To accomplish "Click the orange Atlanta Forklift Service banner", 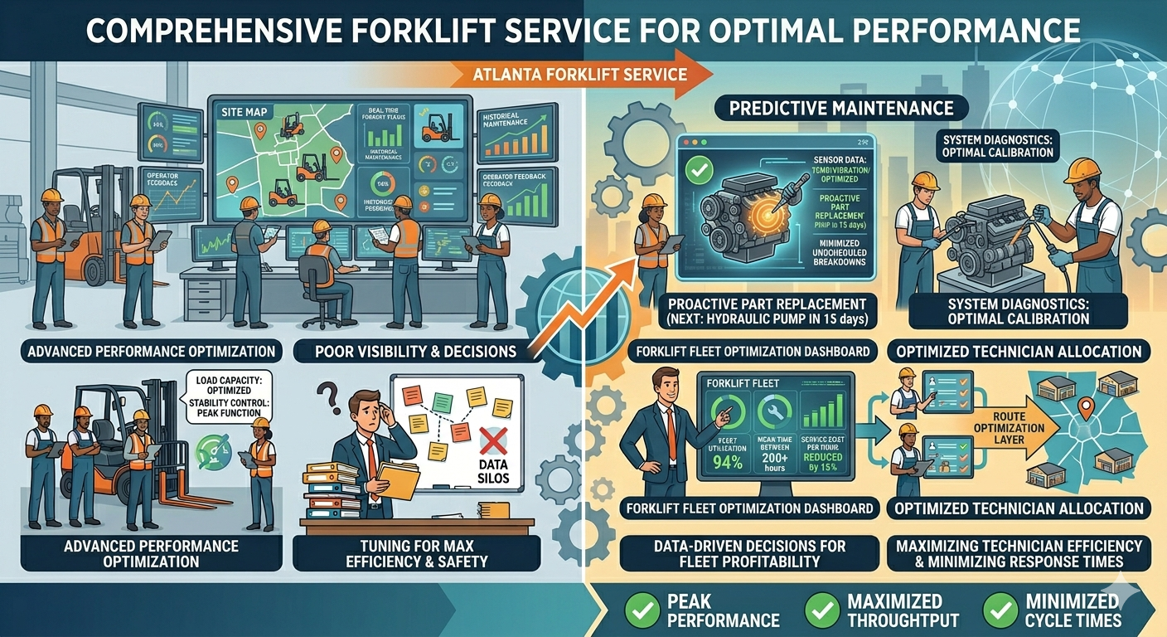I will pyautogui.click(x=580, y=74).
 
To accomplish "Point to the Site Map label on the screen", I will pyautogui.click(x=243, y=110).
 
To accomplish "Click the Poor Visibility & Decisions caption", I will pyautogui.click(x=416, y=351).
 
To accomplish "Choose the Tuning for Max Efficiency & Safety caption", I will pyautogui.click(x=416, y=553).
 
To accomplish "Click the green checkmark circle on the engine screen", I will pyautogui.click(x=701, y=172).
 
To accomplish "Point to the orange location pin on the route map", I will pyautogui.click(x=1086, y=407).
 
